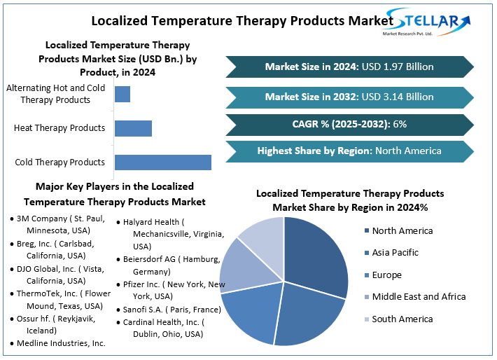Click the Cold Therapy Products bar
(162, 162)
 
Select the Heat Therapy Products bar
(133, 128)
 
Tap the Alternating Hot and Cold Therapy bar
(122, 94)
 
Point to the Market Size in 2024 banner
(349, 67)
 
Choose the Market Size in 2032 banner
(349, 97)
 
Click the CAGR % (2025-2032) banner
(349, 124)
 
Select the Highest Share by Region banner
(349, 151)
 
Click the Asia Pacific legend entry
(395, 252)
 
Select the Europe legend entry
(386, 275)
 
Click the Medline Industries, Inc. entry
(60, 343)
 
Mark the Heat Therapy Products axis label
(59, 128)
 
